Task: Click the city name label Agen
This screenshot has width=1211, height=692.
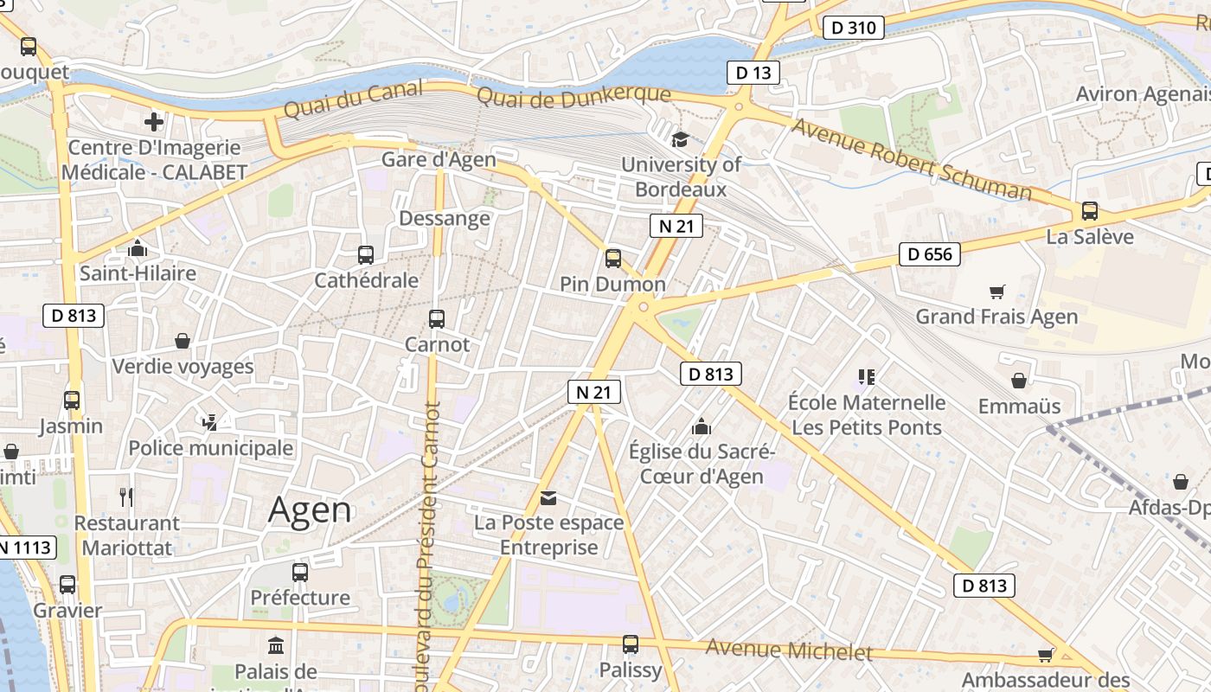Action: point(310,510)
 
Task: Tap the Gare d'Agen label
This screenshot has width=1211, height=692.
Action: point(439,159)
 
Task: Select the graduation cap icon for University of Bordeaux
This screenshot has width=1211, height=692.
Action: point(681,138)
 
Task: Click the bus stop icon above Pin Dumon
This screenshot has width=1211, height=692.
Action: point(613,258)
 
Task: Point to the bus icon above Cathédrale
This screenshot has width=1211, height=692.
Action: point(366,254)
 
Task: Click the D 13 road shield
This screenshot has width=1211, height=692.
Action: point(753,73)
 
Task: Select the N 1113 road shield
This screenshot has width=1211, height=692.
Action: point(26,548)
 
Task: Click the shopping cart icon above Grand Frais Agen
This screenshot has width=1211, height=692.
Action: point(997,292)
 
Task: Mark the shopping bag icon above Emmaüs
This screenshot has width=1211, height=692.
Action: point(1019,381)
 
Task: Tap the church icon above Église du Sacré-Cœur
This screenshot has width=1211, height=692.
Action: point(702,426)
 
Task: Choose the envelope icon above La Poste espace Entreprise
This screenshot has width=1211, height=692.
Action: point(548,498)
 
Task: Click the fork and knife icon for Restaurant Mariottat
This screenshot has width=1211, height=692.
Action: point(126,497)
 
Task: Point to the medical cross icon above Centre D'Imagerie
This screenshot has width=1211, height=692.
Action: point(154,122)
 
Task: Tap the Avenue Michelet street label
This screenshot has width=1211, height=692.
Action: point(789,650)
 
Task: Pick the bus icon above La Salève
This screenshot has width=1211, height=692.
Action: point(1090,211)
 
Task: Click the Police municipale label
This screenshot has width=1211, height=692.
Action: point(210,448)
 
